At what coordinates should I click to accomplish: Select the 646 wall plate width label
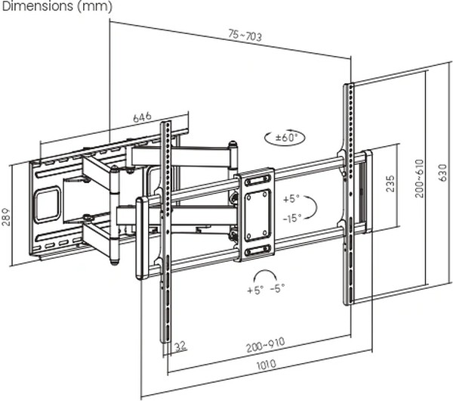(x=143, y=117)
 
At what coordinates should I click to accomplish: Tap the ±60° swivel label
(x=287, y=138)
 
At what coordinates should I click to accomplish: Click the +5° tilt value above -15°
(x=291, y=199)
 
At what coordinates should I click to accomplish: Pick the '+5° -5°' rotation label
(x=266, y=289)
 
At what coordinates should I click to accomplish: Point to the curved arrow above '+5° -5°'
(x=265, y=274)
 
